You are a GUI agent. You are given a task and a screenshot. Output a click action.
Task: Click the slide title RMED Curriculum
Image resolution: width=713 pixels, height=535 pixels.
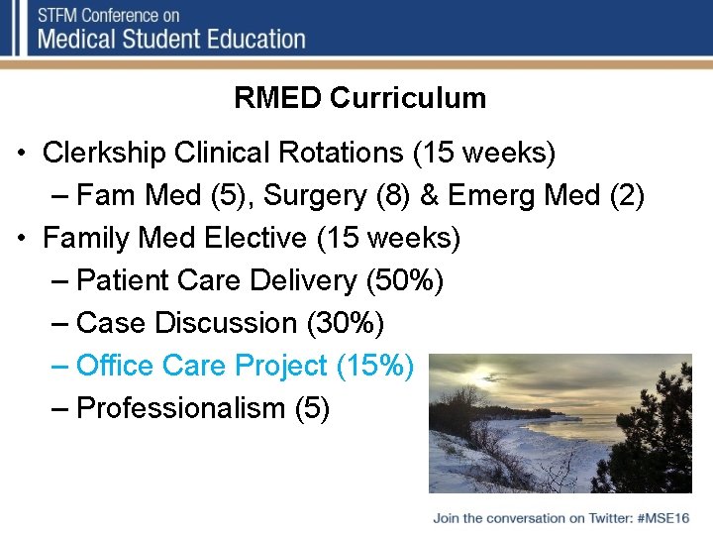tap(359, 98)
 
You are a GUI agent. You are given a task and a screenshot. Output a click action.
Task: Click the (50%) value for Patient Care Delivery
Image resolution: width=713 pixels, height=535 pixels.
tap(405, 280)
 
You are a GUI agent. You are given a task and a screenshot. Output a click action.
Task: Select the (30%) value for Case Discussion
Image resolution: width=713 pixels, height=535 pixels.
tap(346, 323)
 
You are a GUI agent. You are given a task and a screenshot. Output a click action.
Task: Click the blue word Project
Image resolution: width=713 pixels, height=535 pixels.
tap(282, 366)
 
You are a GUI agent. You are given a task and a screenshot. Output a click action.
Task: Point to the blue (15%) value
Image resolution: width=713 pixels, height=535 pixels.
tap(375, 366)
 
